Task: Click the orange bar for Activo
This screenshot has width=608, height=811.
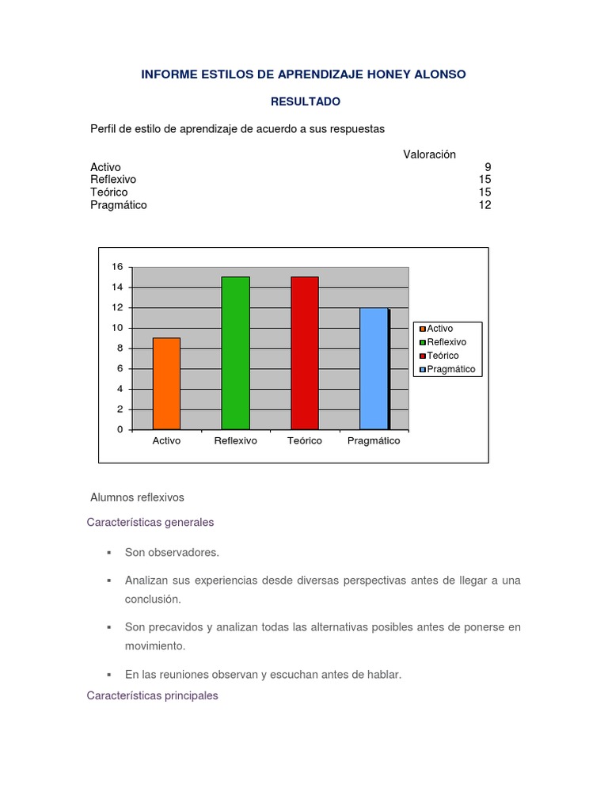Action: (166, 383)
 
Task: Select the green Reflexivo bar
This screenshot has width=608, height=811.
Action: (235, 352)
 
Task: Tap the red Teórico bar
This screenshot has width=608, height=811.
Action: (305, 352)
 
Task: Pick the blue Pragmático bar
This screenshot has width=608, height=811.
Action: (374, 368)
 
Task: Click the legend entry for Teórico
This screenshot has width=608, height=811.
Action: (443, 356)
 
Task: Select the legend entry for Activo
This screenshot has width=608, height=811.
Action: (440, 328)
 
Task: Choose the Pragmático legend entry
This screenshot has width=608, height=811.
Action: (450, 369)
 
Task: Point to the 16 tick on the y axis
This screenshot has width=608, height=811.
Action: (117, 267)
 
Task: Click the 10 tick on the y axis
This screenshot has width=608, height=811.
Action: (117, 328)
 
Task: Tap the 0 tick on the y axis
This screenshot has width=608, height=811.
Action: (120, 430)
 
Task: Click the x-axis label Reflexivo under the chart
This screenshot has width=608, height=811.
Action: (235, 441)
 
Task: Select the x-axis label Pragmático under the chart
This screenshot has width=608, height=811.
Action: (374, 441)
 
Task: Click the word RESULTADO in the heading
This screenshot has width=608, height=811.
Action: (306, 101)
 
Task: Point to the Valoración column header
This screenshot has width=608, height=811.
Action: (429, 154)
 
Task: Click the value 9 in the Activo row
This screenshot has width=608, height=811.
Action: (488, 167)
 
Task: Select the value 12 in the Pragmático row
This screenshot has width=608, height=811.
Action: (484, 205)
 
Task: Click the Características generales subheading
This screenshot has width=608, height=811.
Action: (150, 523)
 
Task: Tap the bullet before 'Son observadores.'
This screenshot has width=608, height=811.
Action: (108, 552)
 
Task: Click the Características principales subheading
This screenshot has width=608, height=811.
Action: (153, 695)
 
